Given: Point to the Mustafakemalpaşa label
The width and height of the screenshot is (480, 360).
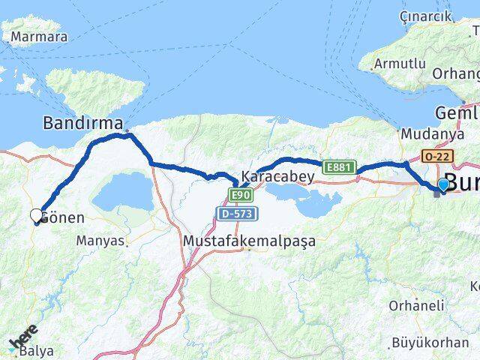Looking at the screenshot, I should coord(249,241).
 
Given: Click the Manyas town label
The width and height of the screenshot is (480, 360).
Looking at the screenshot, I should coord(101,241).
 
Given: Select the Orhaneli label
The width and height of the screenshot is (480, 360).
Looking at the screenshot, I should coord(415,305).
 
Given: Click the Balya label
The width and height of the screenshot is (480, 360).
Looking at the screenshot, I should coord(37,349).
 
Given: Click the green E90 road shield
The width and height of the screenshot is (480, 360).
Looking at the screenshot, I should coord(240,196).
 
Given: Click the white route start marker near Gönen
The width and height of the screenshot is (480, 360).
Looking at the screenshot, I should coord(36,216).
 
